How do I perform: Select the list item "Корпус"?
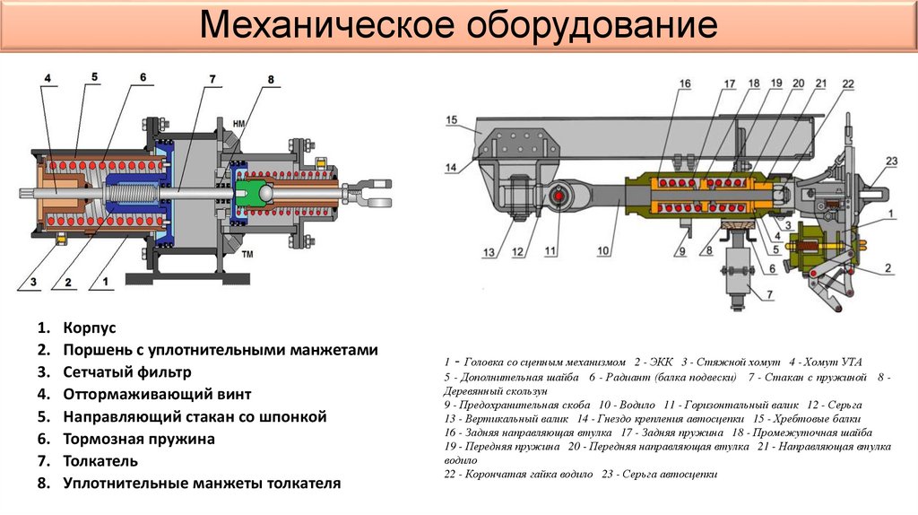point(90,327)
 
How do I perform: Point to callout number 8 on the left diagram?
point(269,79)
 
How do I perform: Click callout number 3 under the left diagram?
point(33,283)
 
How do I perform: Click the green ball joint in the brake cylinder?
point(257,190)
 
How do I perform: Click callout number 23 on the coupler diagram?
point(890,161)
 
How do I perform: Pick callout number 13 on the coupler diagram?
point(489,254)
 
